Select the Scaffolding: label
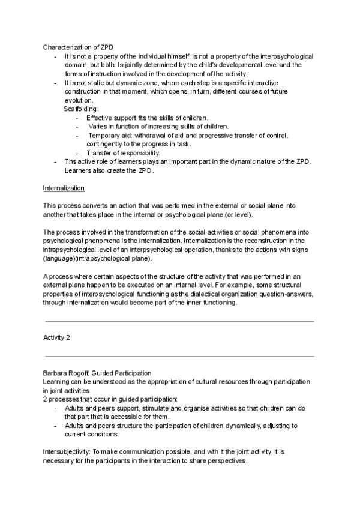tap(79, 109)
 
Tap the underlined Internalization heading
tap(64, 188)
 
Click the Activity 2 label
tap(57, 337)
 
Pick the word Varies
tap(98, 127)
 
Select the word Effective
tap(100, 118)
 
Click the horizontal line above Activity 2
tap(179, 321)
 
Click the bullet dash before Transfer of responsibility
tap(78, 153)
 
